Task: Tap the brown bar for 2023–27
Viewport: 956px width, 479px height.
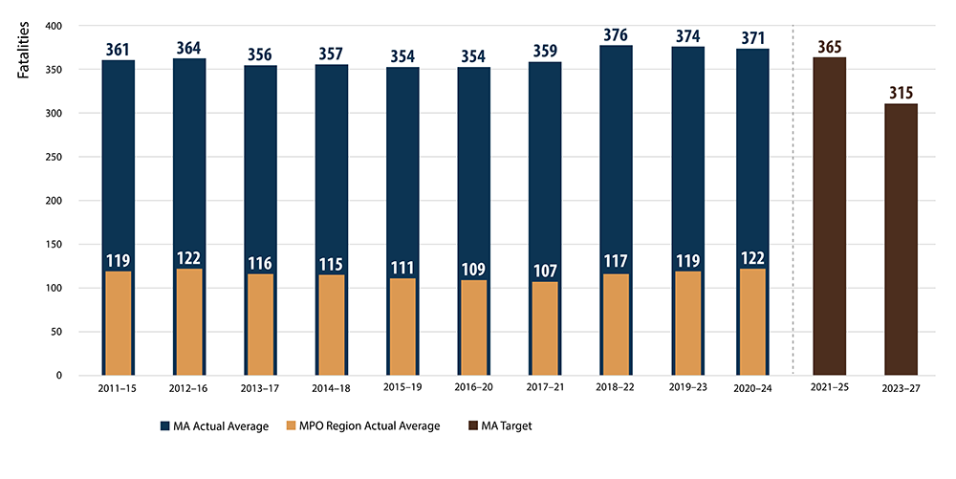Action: (x=901, y=239)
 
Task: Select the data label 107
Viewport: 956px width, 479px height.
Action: (x=544, y=271)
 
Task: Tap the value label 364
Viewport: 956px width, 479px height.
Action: (x=189, y=47)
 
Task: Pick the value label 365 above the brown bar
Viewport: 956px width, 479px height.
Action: (x=829, y=47)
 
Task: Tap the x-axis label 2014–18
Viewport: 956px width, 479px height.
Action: (x=332, y=390)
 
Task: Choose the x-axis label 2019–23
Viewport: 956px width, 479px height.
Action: (x=687, y=390)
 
